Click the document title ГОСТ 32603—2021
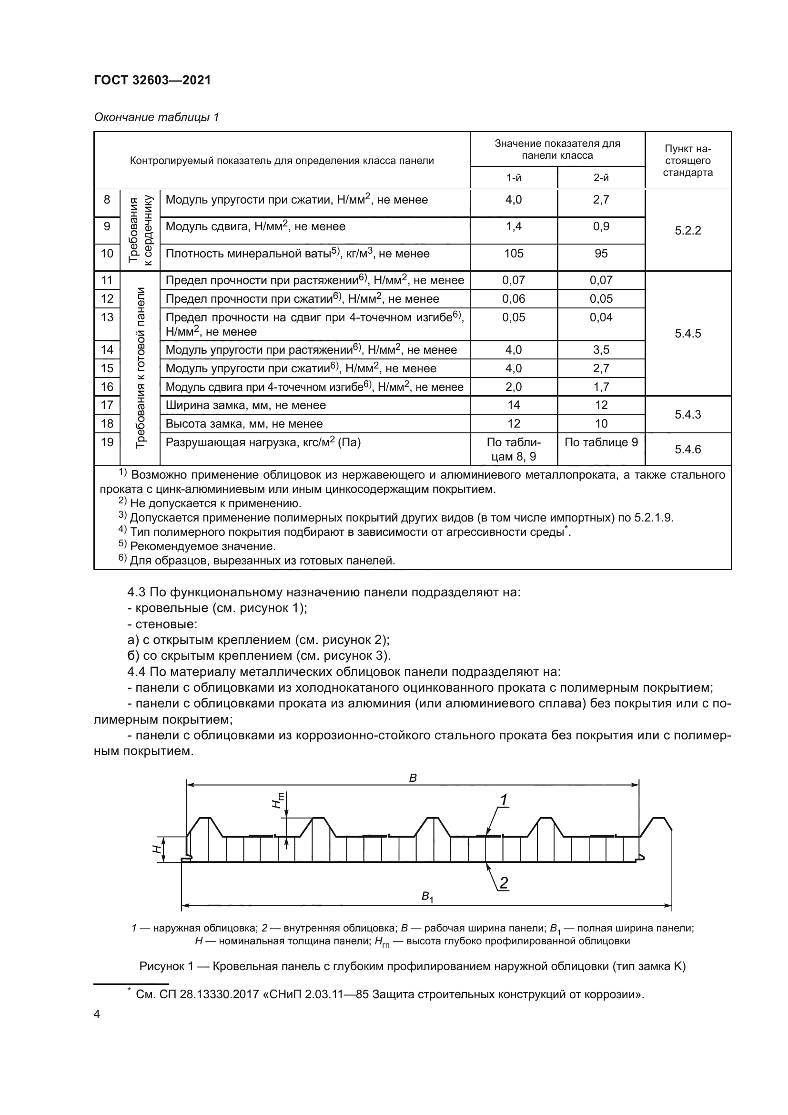pyautogui.click(x=152, y=81)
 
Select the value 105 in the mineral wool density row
pyautogui.click(x=514, y=254)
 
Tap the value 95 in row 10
pyautogui.click(x=601, y=254)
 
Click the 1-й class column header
pyautogui.click(x=514, y=178)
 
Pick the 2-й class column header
pyautogui.click(x=601, y=178)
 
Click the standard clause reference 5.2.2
pyautogui.click(x=687, y=231)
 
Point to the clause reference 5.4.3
pyautogui.click(x=687, y=415)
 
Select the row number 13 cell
pyautogui.click(x=107, y=317)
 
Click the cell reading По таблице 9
pyautogui.click(x=601, y=442)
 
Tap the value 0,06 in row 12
pyautogui.click(x=514, y=299)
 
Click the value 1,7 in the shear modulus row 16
pyautogui.click(x=601, y=387)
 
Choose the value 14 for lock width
pyautogui.click(x=514, y=405)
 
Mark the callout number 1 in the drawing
pyautogui.click(x=504, y=800)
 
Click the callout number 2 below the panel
pyautogui.click(x=504, y=883)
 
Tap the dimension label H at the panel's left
pyautogui.click(x=156, y=849)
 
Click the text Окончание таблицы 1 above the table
pyautogui.click(x=156, y=118)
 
